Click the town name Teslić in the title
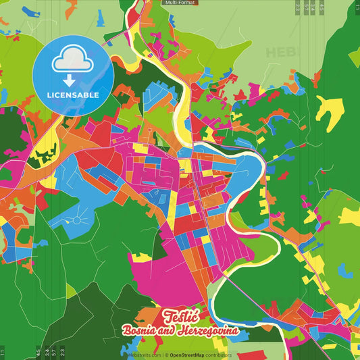[180, 316]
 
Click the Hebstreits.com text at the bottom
[144, 355]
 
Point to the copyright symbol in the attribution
[165, 355]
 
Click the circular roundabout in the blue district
[76, 220]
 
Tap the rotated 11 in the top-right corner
[356, 7]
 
